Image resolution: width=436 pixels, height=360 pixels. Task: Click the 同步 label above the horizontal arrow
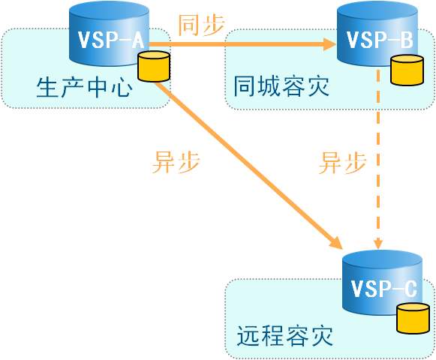pos(201,25)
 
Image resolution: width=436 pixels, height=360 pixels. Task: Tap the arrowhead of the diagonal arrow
pos(335,243)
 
